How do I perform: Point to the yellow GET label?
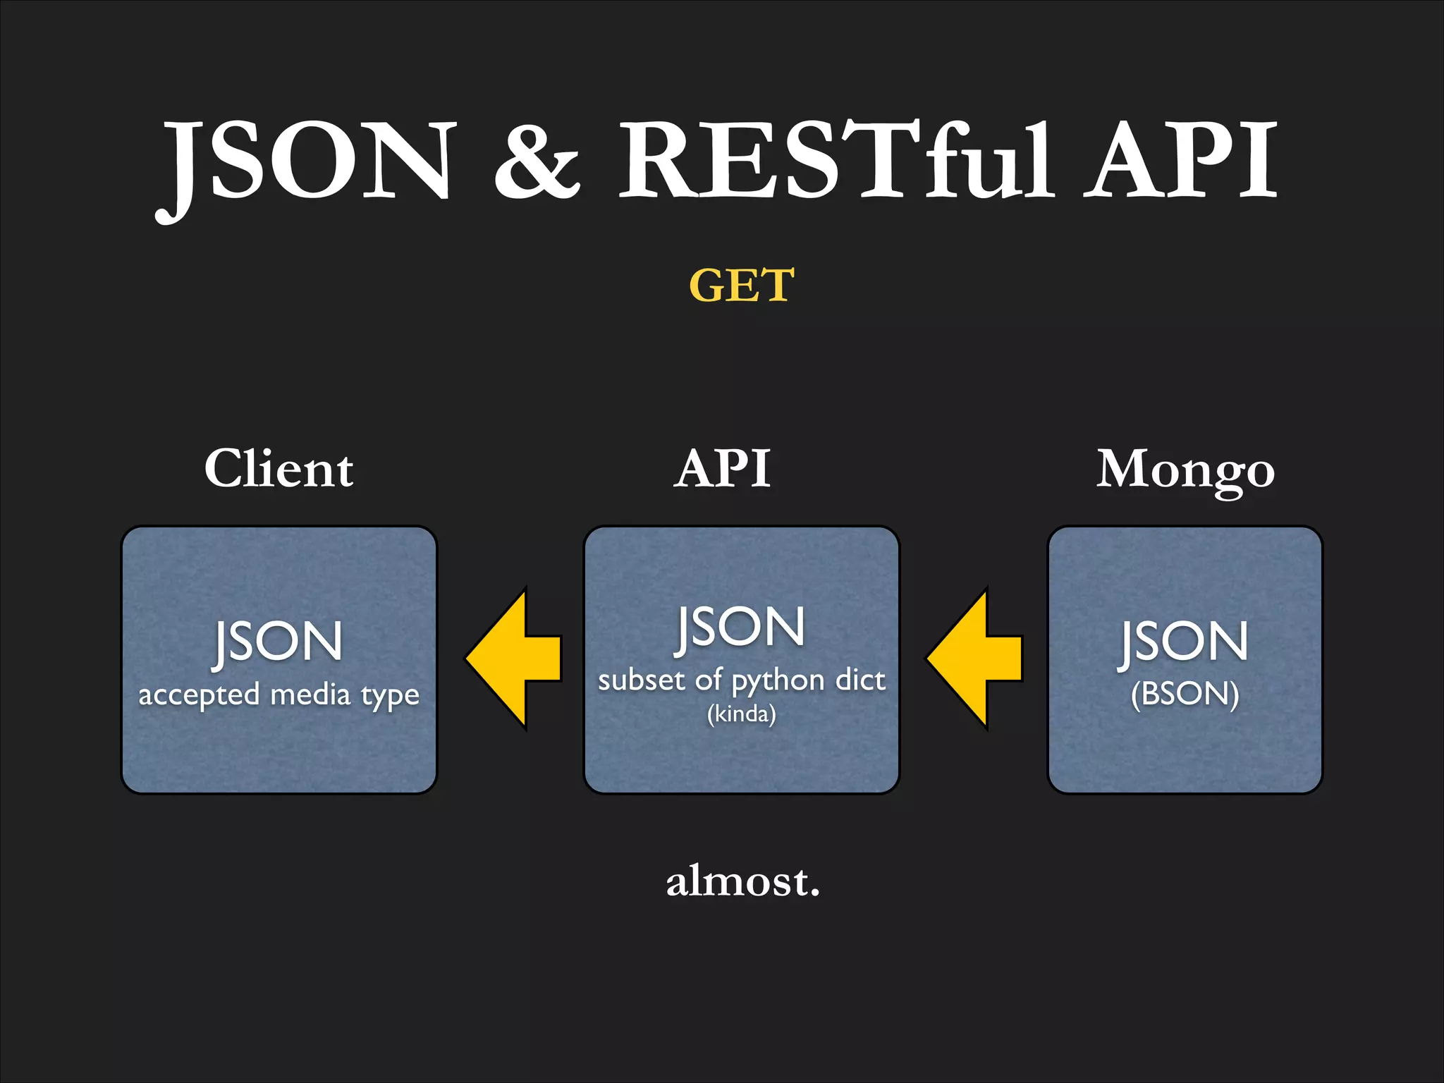(x=742, y=286)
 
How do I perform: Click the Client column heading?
(x=279, y=469)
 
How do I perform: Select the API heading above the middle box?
(x=723, y=469)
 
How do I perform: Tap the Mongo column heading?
(x=1185, y=471)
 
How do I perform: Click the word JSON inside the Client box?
(x=278, y=642)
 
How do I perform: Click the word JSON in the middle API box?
(x=740, y=628)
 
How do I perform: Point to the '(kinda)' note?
(x=742, y=714)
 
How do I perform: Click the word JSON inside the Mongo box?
(x=1185, y=642)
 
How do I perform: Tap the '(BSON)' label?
(x=1185, y=694)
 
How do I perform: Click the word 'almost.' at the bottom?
(x=743, y=881)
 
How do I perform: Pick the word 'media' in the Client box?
(x=310, y=695)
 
